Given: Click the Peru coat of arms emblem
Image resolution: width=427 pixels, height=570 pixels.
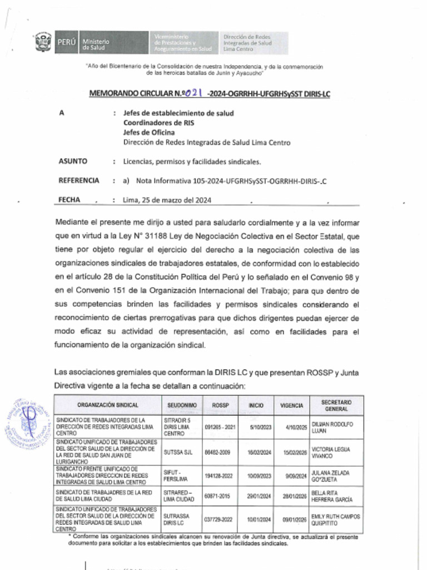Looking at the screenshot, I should [x=43, y=42].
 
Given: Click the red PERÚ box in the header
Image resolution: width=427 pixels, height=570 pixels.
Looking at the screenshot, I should [x=66, y=42].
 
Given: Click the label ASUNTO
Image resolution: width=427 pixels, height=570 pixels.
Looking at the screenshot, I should [x=72, y=161].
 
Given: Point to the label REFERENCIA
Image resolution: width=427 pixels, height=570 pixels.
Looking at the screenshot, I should [x=79, y=180].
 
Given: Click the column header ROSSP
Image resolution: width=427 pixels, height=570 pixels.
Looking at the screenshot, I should [x=220, y=405].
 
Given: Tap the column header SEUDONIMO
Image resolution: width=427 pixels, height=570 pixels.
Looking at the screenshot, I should [x=181, y=405].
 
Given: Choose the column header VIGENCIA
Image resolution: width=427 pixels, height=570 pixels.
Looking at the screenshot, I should [x=292, y=405].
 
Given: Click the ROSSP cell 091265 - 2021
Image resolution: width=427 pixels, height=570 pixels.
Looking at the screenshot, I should [x=220, y=427].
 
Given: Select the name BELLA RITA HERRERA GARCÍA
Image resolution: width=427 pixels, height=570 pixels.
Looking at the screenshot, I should [x=331, y=496].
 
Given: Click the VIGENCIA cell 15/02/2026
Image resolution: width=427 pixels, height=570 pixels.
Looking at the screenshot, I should [x=294, y=453].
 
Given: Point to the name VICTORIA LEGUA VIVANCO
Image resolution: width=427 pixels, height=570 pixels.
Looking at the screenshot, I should [x=330, y=453].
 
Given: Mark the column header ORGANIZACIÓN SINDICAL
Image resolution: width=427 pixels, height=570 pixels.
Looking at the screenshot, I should [x=108, y=405].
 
